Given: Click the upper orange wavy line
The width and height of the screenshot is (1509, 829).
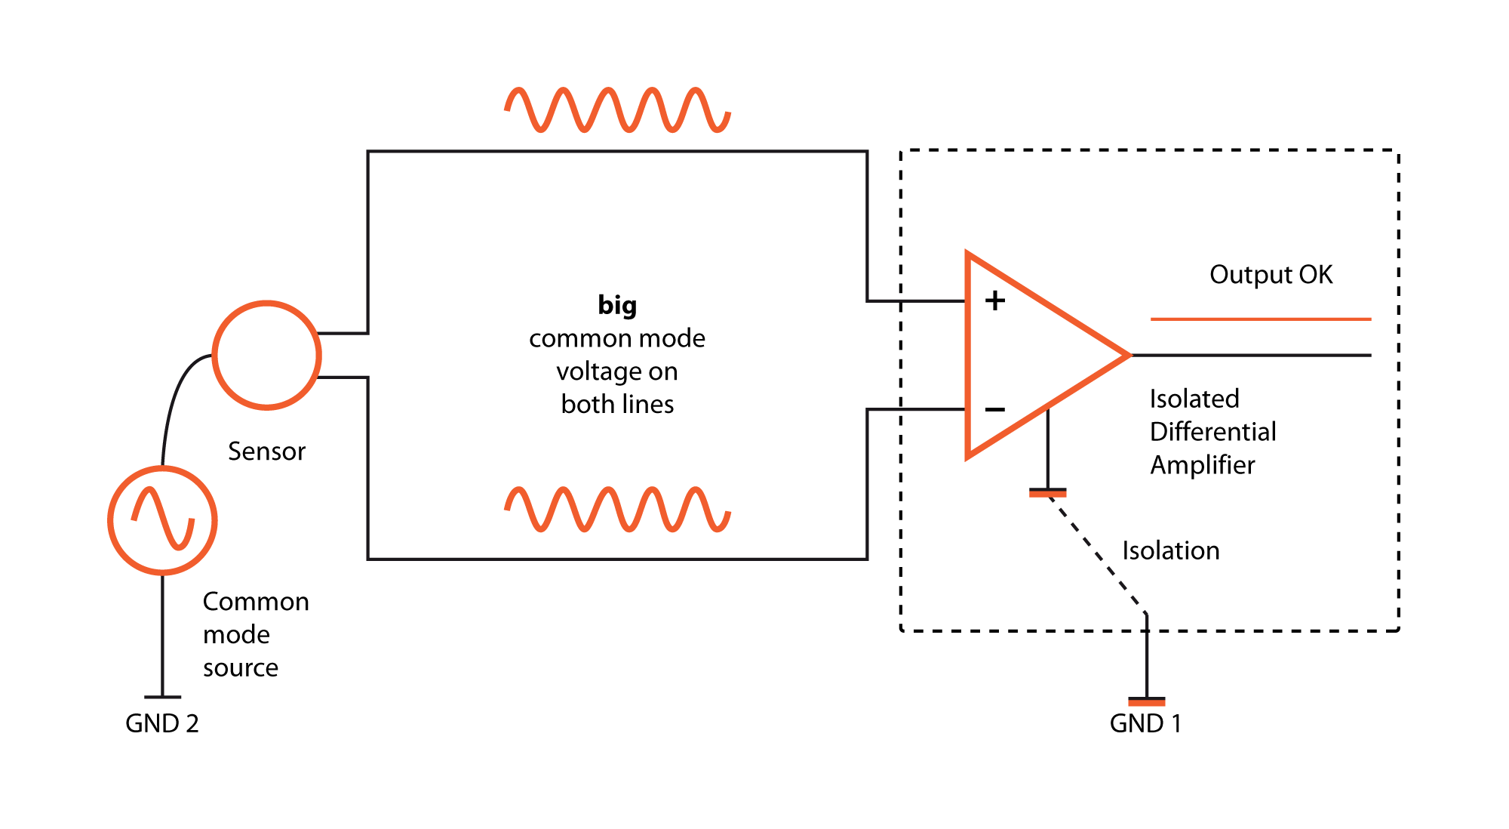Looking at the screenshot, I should [x=617, y=110].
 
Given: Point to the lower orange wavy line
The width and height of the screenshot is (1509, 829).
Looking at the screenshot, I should [x=617, y=510].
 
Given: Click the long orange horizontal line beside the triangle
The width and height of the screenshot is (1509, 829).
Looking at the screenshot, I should [x=1260, y=319].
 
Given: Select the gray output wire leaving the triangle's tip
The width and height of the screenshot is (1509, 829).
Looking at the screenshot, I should [x=1252, y=355].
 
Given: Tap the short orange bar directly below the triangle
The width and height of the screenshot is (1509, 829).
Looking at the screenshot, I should [x=1047, y=495].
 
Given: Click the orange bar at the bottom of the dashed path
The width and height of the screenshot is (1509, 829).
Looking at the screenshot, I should [x=1146, y=703].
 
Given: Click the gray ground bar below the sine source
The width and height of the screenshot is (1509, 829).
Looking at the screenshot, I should [x=163, y=697].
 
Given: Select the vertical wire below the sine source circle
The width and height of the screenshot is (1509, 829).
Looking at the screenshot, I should [x=163, y=634].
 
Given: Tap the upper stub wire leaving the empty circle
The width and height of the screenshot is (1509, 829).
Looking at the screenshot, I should [x=343, y=333].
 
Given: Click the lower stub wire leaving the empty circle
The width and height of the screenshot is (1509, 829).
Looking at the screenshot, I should [x=343, y=377].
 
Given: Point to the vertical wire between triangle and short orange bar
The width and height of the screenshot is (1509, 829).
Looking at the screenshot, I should [x=1047, y=453].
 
